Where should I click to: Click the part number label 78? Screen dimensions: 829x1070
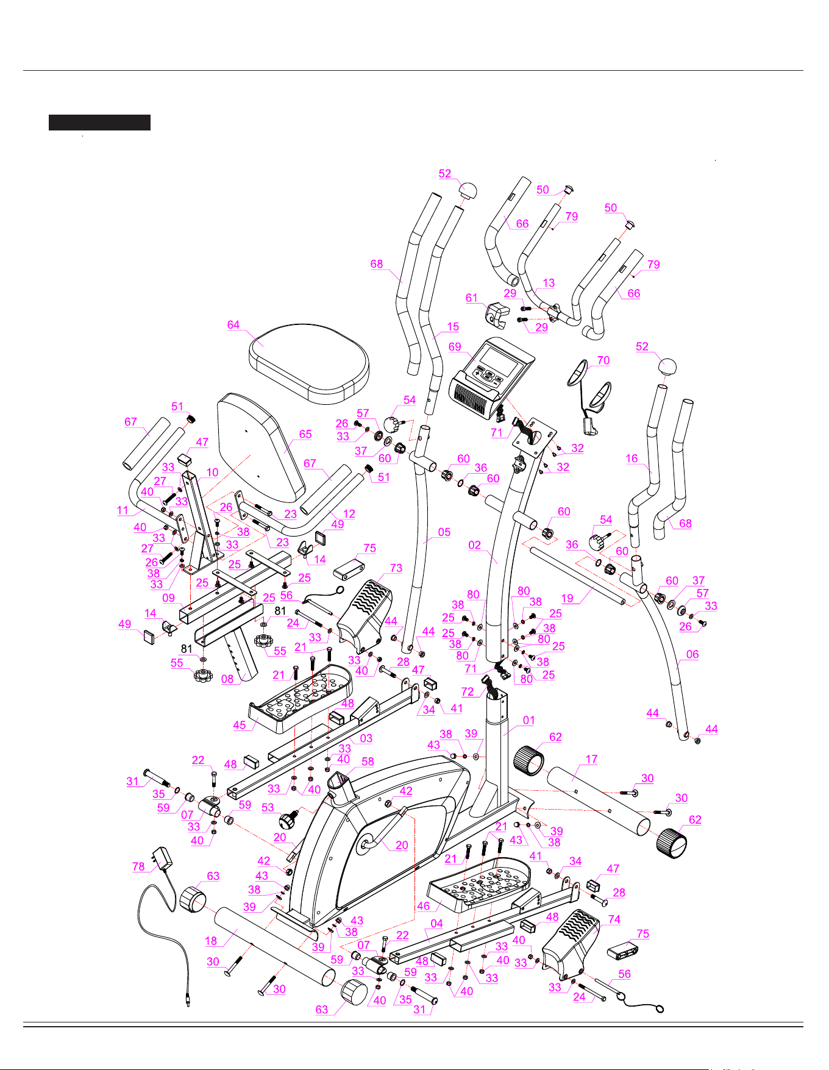(x=139, y=866)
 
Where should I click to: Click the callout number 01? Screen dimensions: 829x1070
(x=528, y=720)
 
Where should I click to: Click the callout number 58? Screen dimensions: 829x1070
(x=368, y=761)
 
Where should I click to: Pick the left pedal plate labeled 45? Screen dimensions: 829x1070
(x=301, y=698)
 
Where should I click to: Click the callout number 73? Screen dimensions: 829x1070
(x=396, y=568)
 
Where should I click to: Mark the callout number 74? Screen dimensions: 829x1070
(x=614, y=919)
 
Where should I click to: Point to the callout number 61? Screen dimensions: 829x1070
(x=472, y=298)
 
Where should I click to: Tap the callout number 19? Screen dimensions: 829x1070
(x=567, y=598)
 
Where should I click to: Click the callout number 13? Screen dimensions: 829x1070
(x=549, y=282)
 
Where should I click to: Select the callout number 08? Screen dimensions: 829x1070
(x=227, y=679)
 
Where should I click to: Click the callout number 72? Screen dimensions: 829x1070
(x=468, y=691)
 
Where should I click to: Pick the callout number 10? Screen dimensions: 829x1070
(x=212, y=472)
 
